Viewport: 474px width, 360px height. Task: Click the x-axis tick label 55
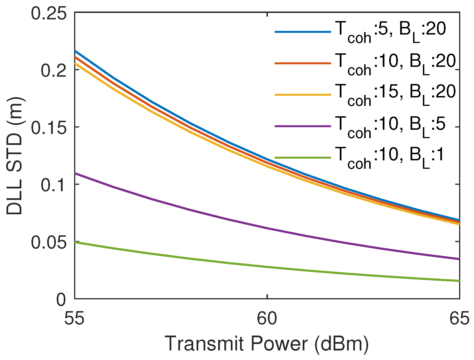[x=74, y=319]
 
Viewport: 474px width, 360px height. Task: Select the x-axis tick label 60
[x=267, y=319]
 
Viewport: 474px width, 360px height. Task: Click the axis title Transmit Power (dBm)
[x=266, y=343]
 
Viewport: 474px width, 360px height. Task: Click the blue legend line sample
[x=303, y=32]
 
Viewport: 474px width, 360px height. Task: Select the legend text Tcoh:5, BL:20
[x=390, y=32]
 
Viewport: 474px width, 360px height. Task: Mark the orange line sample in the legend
[x=303, y=63]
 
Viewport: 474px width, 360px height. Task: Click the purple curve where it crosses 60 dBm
[x=267, y=228]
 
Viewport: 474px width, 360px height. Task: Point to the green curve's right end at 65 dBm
[x=459, y=281]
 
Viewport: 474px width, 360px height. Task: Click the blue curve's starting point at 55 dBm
[x=75, y=51]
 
